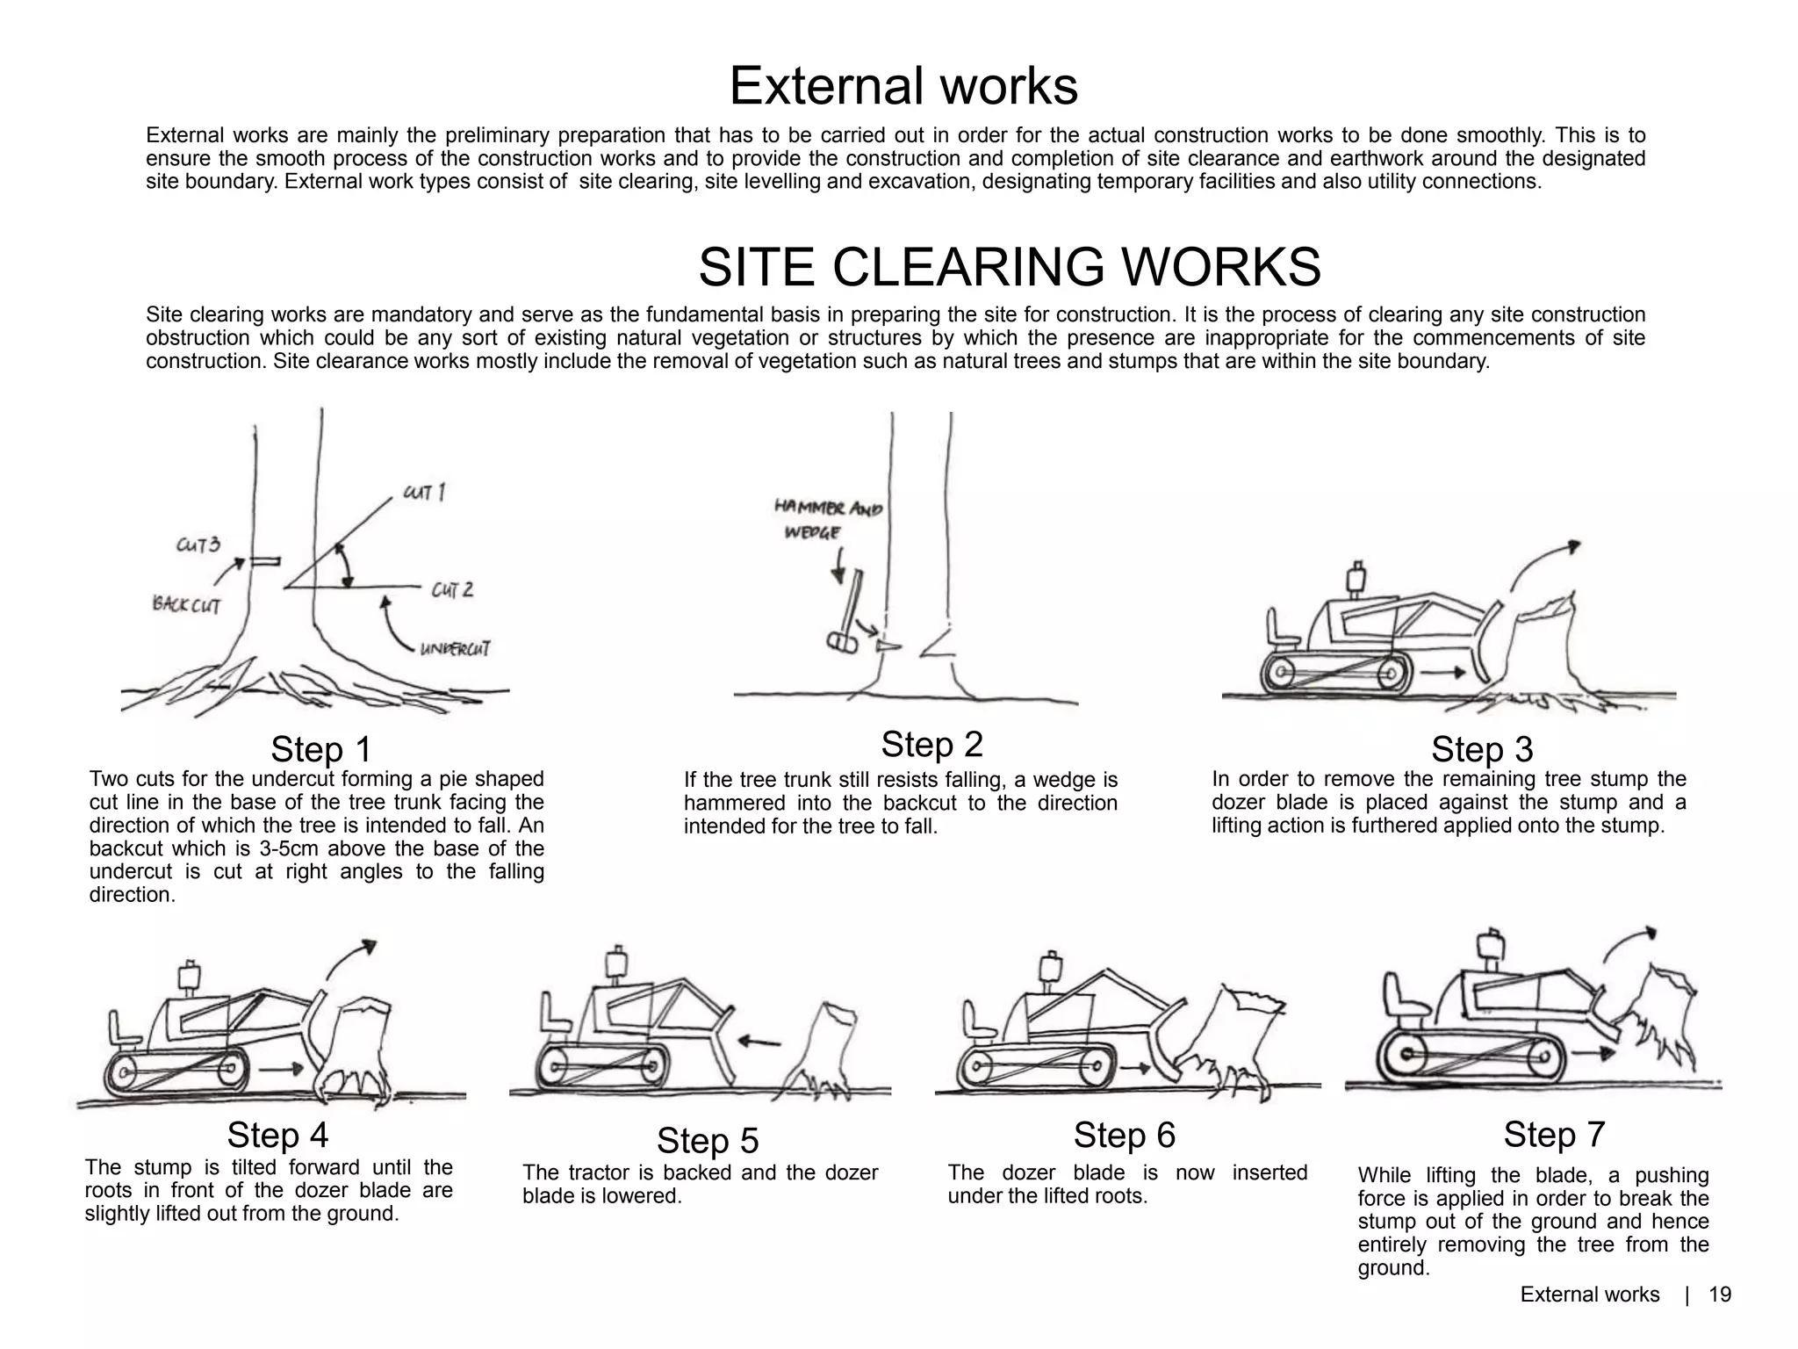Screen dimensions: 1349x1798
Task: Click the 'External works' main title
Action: (903, 86)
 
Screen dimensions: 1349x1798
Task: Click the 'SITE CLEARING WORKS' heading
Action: (1009, 267)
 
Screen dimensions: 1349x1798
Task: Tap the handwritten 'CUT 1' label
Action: (424, 493)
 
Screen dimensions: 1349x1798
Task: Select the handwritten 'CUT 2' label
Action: (452, 589)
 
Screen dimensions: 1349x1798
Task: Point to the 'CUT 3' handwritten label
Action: (198, 545)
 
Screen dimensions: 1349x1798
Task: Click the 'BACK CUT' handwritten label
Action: (186, 604)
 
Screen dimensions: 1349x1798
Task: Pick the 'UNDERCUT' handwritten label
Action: (455, 649)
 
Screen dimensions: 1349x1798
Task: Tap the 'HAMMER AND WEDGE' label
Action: (827, 519)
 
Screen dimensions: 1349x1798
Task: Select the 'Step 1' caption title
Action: (320, 749)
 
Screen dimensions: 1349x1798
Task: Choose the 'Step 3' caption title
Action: (1482, 749)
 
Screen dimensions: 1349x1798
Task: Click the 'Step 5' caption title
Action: (707, 1140)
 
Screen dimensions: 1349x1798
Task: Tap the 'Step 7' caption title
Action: (1554, 1134)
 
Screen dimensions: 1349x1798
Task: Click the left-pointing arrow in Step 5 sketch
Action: (759, 1042)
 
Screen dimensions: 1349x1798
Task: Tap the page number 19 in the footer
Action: (1720, 1295)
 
